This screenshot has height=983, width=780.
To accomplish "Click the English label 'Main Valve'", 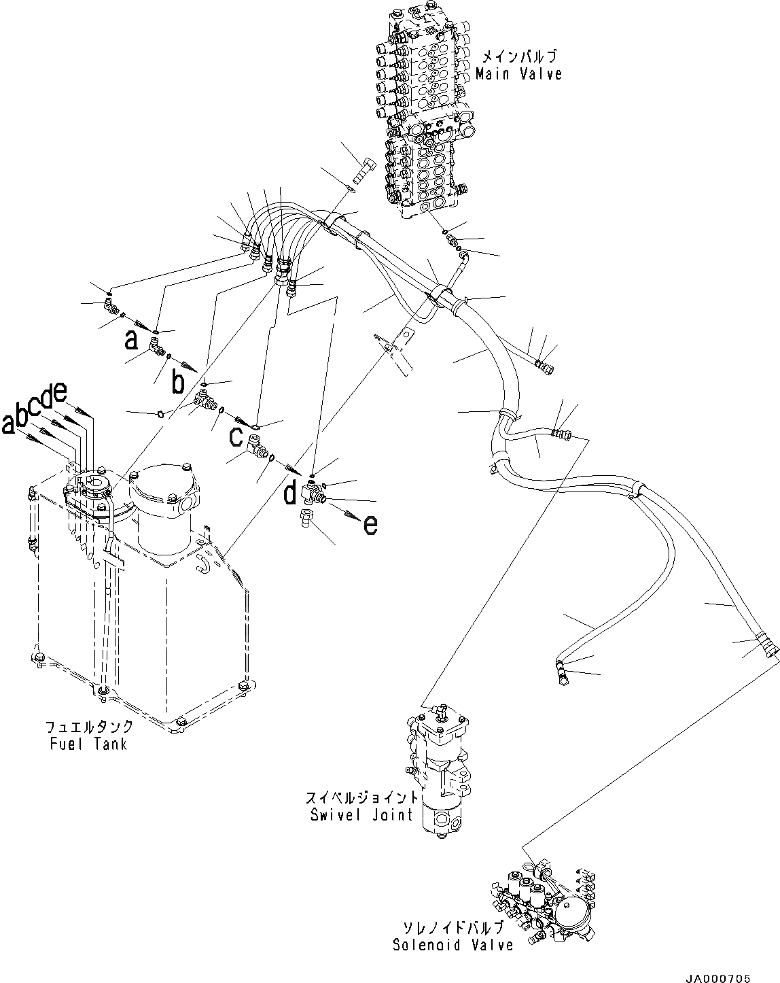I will [x=518, y=73].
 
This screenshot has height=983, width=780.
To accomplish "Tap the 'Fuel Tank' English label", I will [x=88, y=743].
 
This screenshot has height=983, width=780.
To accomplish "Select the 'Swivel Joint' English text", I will [x=361, y=814].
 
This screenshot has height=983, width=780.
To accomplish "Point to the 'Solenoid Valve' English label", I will [x=453, y=945].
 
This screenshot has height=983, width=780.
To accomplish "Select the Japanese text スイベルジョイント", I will [x=361, y=798].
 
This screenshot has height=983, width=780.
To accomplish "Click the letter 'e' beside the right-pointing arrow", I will [x=370, y=523].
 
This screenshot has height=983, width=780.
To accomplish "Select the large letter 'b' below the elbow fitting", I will [x=177, y=383].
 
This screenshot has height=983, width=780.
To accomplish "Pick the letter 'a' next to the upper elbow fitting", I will [x=131, y=339].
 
